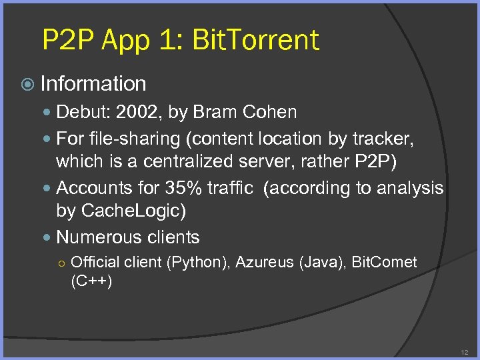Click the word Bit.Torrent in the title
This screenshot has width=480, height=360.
[x=255, y=40]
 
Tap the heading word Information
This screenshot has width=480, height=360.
[x=93, y=84]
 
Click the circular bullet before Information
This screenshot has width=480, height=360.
[x=27, y=85]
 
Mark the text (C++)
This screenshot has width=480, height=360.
[x=91, y=281]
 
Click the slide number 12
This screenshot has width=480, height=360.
[x=464, y=351]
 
